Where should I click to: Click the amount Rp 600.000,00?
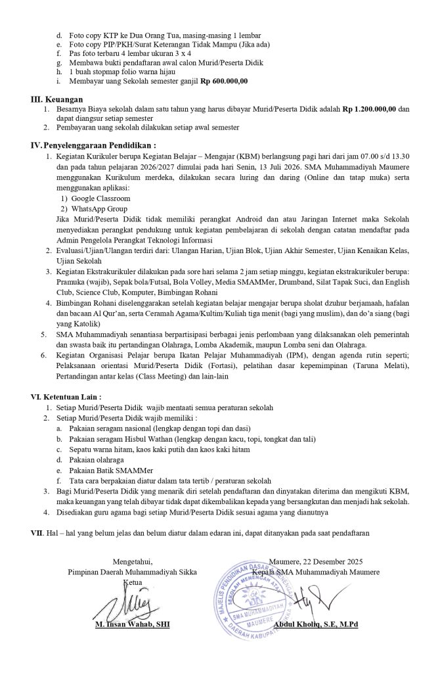click(224, 81)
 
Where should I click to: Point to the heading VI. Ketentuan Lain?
click(64, 397)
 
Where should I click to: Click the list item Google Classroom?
click(100, 198)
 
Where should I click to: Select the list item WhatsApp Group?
click(99, 208)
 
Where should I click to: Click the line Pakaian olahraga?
click(97, 460)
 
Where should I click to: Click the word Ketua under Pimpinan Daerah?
click(133, 582)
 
